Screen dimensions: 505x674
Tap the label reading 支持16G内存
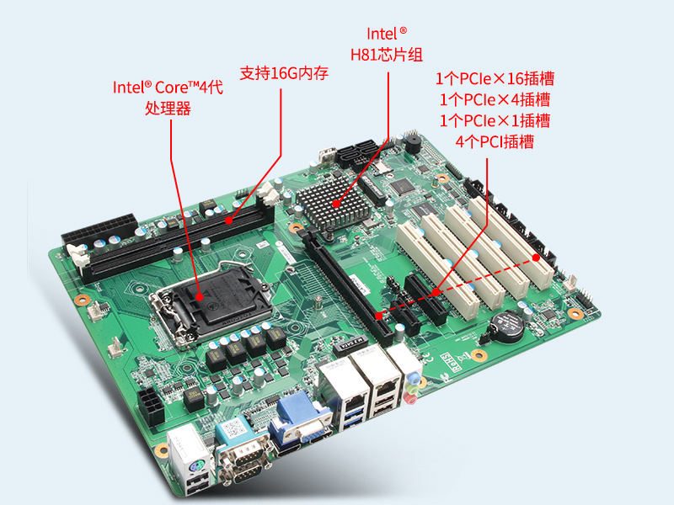point(284,73)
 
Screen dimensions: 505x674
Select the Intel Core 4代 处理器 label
point(168,97)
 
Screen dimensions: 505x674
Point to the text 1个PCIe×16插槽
point(495,79)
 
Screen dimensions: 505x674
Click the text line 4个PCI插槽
point(495,141)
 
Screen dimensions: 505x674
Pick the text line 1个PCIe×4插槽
point(495,100)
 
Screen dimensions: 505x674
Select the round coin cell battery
point(508,324)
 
